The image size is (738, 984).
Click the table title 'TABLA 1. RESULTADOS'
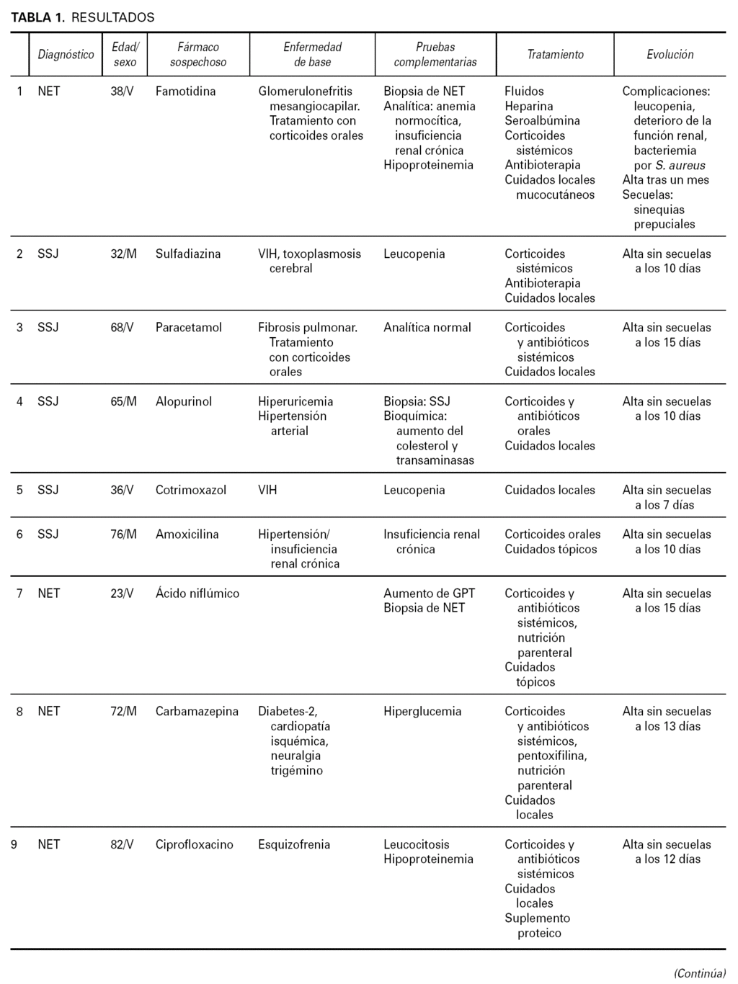coord(82,17)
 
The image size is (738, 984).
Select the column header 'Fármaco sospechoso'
coord(198,55)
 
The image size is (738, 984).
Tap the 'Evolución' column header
coord(670,55)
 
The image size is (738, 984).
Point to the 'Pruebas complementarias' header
coord(435,55)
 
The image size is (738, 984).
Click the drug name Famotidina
coord(185,91)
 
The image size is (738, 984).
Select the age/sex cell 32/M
coord(123,254)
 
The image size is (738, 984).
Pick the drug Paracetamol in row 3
coord(189,327)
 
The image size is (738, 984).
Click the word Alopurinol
coord(184,401)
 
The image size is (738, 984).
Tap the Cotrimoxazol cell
coord(191,490)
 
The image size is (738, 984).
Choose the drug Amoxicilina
coord(187,534)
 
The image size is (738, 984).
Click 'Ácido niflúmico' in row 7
coord(197,593)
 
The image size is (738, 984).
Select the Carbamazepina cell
coord(197,711)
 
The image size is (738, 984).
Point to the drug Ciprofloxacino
coord(195,844)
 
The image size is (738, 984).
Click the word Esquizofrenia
coord(294,844)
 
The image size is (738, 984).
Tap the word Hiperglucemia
coord(422,711)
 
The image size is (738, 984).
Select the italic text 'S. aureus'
coord(680,165)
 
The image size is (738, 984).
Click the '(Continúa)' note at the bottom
coord(699,973)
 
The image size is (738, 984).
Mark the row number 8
coord(19,711)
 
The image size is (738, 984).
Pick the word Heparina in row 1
coord(529,106)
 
